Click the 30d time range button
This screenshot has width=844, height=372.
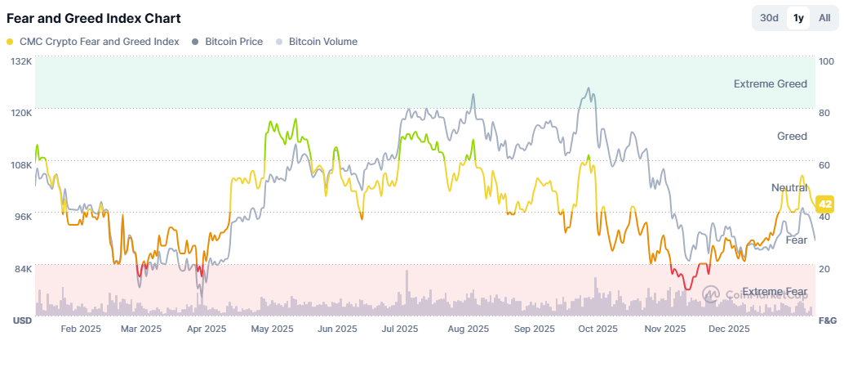(x=769, y=18)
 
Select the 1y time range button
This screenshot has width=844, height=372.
(x=798, y=18)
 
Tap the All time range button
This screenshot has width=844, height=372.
(x=824, y=18)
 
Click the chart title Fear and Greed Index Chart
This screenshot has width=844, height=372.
(x=93, y=18)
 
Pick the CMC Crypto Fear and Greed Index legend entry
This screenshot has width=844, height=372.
(x=92, y=42)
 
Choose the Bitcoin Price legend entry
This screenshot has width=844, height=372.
(x=227, y=42)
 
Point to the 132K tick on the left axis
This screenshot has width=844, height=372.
(x=22, y=61)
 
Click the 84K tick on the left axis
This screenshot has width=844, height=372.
(x=23, y=268)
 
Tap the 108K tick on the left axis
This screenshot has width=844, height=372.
(x=22, y=165)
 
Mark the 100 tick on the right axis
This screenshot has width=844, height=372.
(x=825, y=61)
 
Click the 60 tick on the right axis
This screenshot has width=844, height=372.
(x=823, y=165)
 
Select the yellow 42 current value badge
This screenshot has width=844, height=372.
(x=825, y=204)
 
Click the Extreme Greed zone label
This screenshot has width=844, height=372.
(x=771, y=83)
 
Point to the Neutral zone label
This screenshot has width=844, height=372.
(x=789, y=187)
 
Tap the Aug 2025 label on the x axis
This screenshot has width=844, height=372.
(x=469, y=329)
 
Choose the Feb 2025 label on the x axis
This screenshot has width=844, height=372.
(x=81, y=329)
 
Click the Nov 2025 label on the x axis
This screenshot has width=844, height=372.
(x=665, y=329)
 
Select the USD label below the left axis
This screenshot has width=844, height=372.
(x=23, y=320)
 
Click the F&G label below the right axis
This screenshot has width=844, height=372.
(x=828, y=320)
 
